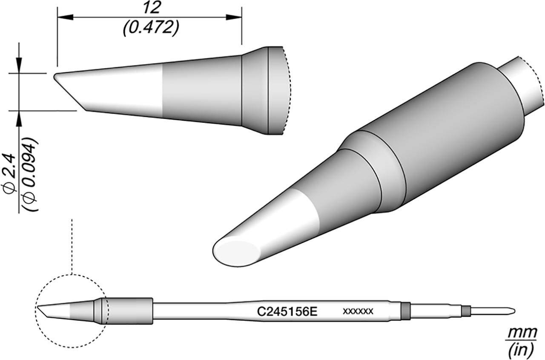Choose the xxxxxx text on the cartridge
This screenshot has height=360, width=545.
pos(358,311)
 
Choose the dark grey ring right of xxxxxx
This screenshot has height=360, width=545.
pos(405,310)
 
